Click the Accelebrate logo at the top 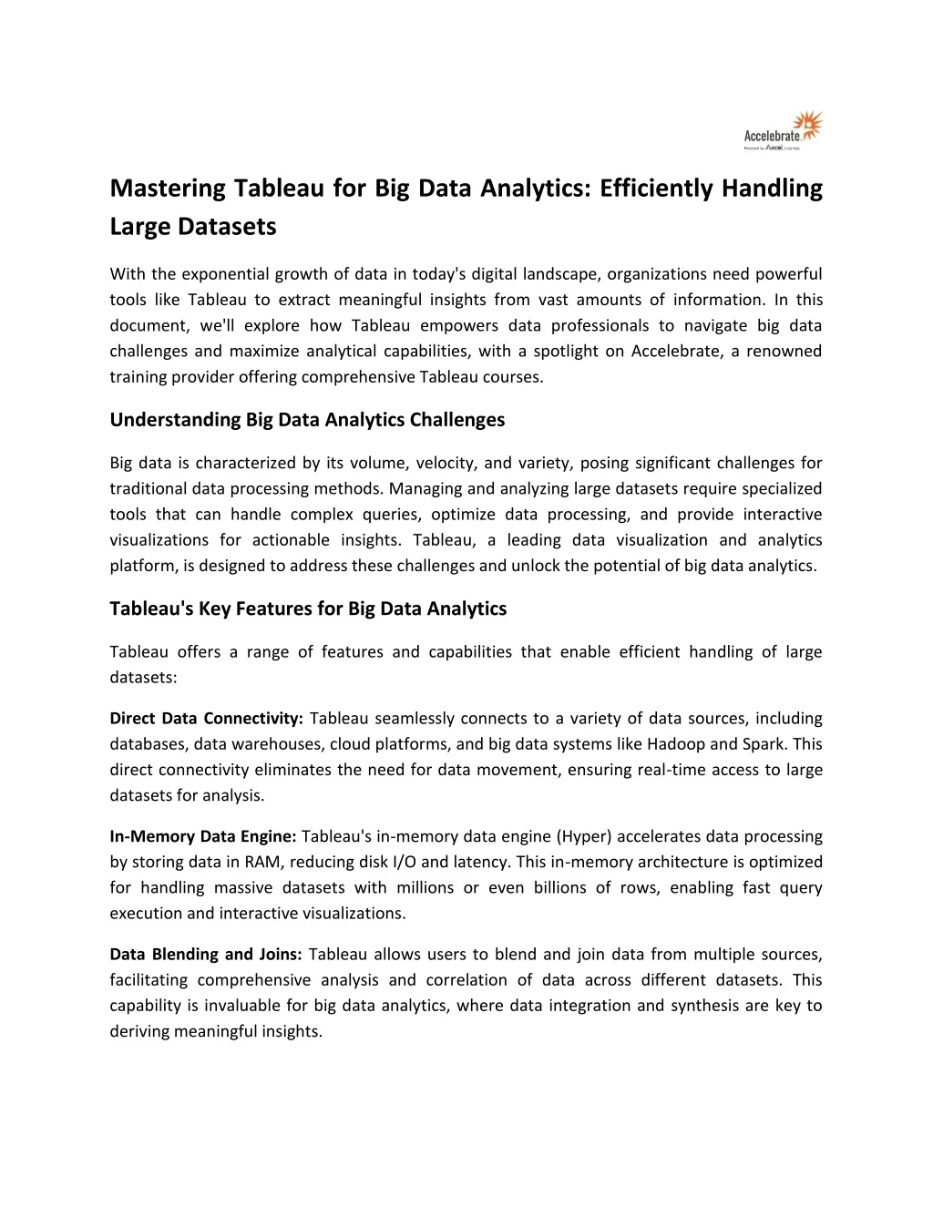coord(783,130)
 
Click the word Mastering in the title coord(168,189)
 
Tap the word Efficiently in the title coord(656,189)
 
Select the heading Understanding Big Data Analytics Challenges coord(307,420)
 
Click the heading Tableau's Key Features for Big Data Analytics coord(308,609)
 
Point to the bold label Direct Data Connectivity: coord(206,719)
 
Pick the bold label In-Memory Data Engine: coord(203,836)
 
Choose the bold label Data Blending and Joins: coord(206,955)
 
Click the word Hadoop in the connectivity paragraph coord(675,744)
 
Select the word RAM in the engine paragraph coord(262,862)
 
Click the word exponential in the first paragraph coord(225,274)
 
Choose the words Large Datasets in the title coord(193,227)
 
